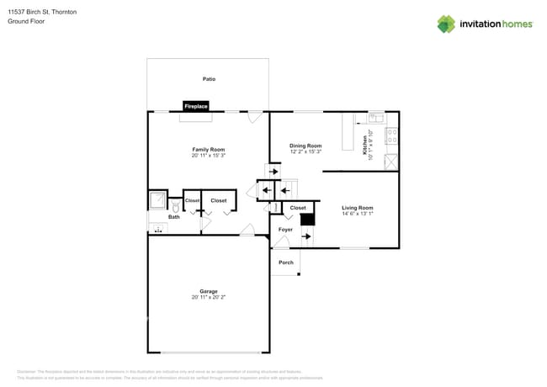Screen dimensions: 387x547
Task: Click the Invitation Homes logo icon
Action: (445, 24)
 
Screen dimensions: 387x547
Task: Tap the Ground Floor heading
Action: (26, 21)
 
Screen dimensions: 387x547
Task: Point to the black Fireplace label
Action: (196, 107)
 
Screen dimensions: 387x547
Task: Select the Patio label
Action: (209, 79)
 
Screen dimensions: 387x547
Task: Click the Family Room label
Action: (209, 150)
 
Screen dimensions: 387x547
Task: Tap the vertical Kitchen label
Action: (364, 146)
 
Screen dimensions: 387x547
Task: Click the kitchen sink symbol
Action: (375, 117)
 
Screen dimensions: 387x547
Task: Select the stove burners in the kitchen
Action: (391, 135)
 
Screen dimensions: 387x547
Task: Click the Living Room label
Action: (357, 207)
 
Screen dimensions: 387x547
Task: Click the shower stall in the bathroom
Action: (157, 200)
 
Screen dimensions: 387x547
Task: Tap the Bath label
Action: (173, 217)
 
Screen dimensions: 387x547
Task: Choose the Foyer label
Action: (286, 229)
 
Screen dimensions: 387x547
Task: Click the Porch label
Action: (286, 262)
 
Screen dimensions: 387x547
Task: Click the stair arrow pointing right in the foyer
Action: (305, 236)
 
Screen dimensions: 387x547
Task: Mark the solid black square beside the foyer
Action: (307, 219)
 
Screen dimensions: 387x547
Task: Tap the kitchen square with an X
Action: (391, 162)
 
